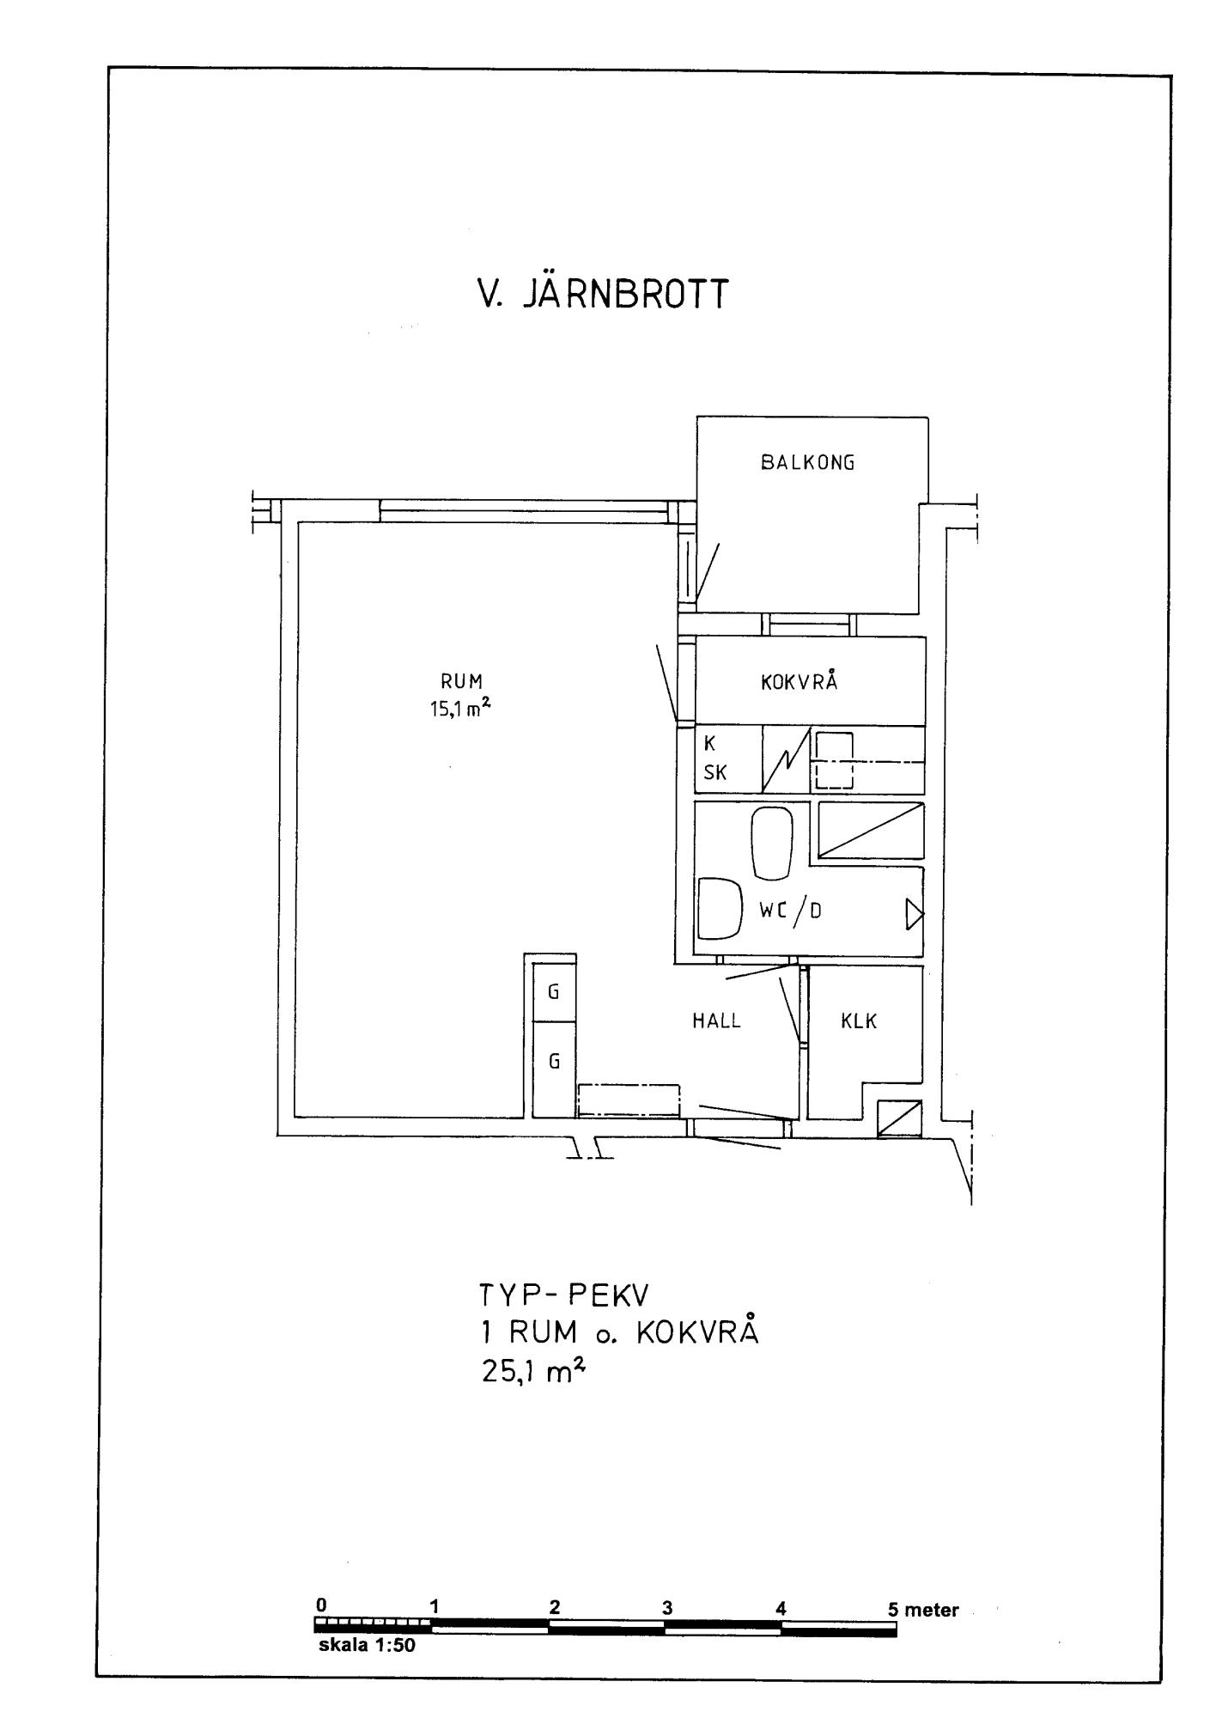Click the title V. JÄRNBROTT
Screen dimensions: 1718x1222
pyautogui.click(x=603, y=293)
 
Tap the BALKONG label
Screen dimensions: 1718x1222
pyautogui.click(x=808, y=463)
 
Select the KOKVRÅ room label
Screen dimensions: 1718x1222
pyautogui.click(x=799, y=683)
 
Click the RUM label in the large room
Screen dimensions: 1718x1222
pyautogui.click(x=462, y=682)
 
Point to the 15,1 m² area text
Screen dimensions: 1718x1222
pyautogui.click(x=462, y=709)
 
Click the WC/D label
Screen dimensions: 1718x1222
pyautogui.click(x=790, y=911)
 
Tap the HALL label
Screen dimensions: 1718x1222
pyautogui.click(x=717, y=1020)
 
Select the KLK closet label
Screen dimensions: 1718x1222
pyautogui.click(x=859, y=1021)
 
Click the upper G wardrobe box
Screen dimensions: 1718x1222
pyautogui.click(x=554, y=992)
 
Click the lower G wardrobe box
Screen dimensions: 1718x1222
pyautogui.click(x=554, y=1062)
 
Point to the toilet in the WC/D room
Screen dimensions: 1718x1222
pyautogui.click(x=771, y=842)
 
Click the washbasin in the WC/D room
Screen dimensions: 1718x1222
pyautogui.click(x=719, y=908)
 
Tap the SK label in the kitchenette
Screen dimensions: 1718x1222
pyautogui.click(x=715, y=773)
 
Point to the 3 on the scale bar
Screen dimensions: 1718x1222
pyautogui.click(x=667, y=1608)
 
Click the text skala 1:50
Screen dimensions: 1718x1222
pyautogui.click(x=367, y=1647)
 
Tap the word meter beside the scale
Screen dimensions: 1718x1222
pyautogui.click(x=932, y=1610)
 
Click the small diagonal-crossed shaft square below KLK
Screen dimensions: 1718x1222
pyautogui.click(x=899, y=1118)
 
